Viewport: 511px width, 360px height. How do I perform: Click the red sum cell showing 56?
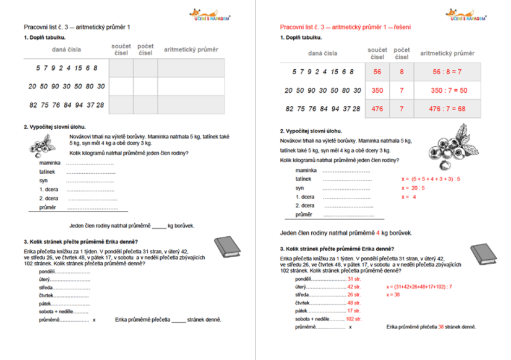click(377, 72)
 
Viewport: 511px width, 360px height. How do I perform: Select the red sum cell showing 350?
click(377, 90)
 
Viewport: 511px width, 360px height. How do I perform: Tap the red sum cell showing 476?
click(377, 109)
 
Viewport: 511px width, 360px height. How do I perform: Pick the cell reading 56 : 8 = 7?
click(447, 72)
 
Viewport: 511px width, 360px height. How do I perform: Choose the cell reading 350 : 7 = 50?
click(447, 90)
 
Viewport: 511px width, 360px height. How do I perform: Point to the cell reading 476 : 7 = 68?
click(447, 109)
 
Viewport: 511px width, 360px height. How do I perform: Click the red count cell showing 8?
click(401, 72)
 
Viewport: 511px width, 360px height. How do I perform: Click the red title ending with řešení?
click(346, 27)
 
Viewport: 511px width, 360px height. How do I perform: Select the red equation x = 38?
click(394, 294)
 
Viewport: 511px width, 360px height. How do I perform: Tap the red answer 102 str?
click(354, 319)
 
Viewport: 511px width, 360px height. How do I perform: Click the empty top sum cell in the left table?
click(121, 68)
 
